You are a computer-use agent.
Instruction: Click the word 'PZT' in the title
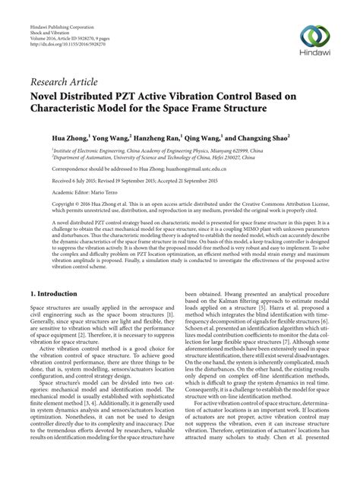click(138, 96)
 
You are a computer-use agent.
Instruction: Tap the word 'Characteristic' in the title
click(73, 109)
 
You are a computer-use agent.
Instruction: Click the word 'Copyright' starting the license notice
click(43, 207)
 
